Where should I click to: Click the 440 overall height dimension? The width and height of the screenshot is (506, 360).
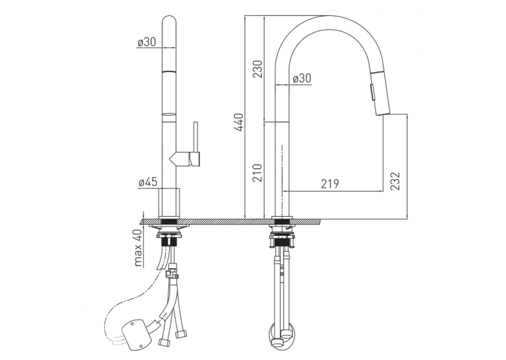coord(240,122)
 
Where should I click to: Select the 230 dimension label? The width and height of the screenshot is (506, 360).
coord(258,69)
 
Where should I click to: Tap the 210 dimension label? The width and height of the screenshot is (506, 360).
coord(258,172)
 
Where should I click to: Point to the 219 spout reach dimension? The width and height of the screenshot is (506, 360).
coord(330,184)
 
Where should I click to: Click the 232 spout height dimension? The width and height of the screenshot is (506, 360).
coord(395,181)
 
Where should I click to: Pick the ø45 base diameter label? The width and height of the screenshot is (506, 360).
coord(147,182)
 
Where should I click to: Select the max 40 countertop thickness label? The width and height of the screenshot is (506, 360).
coord(138,248)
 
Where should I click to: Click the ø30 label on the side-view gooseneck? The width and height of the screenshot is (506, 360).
coord(301,78)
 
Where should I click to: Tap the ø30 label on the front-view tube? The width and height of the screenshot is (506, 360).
coord(147,42)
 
